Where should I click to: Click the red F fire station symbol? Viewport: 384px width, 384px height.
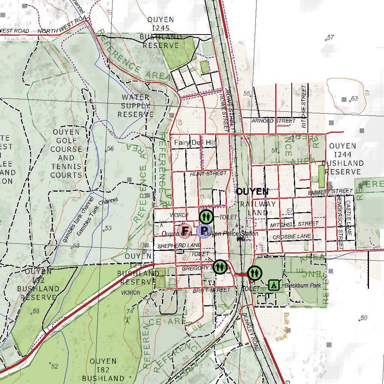pyautogui.click(x=184, y=231)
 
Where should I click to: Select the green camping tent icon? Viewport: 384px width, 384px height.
pyautogui.click(x=274, y=285)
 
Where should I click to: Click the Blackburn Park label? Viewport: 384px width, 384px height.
pyautogui.click(x=303, y=285)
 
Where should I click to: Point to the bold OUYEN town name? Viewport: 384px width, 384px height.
pyautogui.click(x=252, y=192)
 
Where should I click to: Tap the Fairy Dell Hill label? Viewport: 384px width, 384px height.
pyautogui.click(x=195, y=143)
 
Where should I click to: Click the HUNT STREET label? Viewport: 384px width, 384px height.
pyautogui.click(x=208, y=174)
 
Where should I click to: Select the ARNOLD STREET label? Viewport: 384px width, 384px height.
pyautogui.click(x=273, y=121)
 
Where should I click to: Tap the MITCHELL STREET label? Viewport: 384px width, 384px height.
pyautogui.click(x=294, y=224)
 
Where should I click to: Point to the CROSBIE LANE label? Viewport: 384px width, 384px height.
pyautogui.click(x=292, y=237)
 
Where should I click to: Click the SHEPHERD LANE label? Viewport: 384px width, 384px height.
pyautogui.click(x=179, y=246)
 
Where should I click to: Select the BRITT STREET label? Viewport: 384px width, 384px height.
pyautogui.click(x=211, y=290)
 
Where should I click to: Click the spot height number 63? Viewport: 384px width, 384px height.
pyautogui.click(x=354, y=99)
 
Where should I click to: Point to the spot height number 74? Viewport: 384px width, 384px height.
pyautogui.click(x=130, y=311)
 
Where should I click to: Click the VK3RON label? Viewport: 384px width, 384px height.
pyautogui.click(x=130, y=292)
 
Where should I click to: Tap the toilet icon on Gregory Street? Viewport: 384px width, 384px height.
pyautogui.click(x=220, y=267)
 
